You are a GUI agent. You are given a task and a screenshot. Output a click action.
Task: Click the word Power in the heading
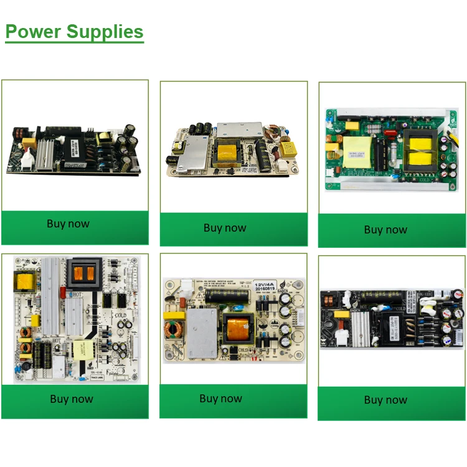tap(33, 31)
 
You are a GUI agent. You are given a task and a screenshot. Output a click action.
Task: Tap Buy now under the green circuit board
tap(385, 230)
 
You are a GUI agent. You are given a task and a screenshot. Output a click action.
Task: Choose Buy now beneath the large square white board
tap(72, 399)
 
